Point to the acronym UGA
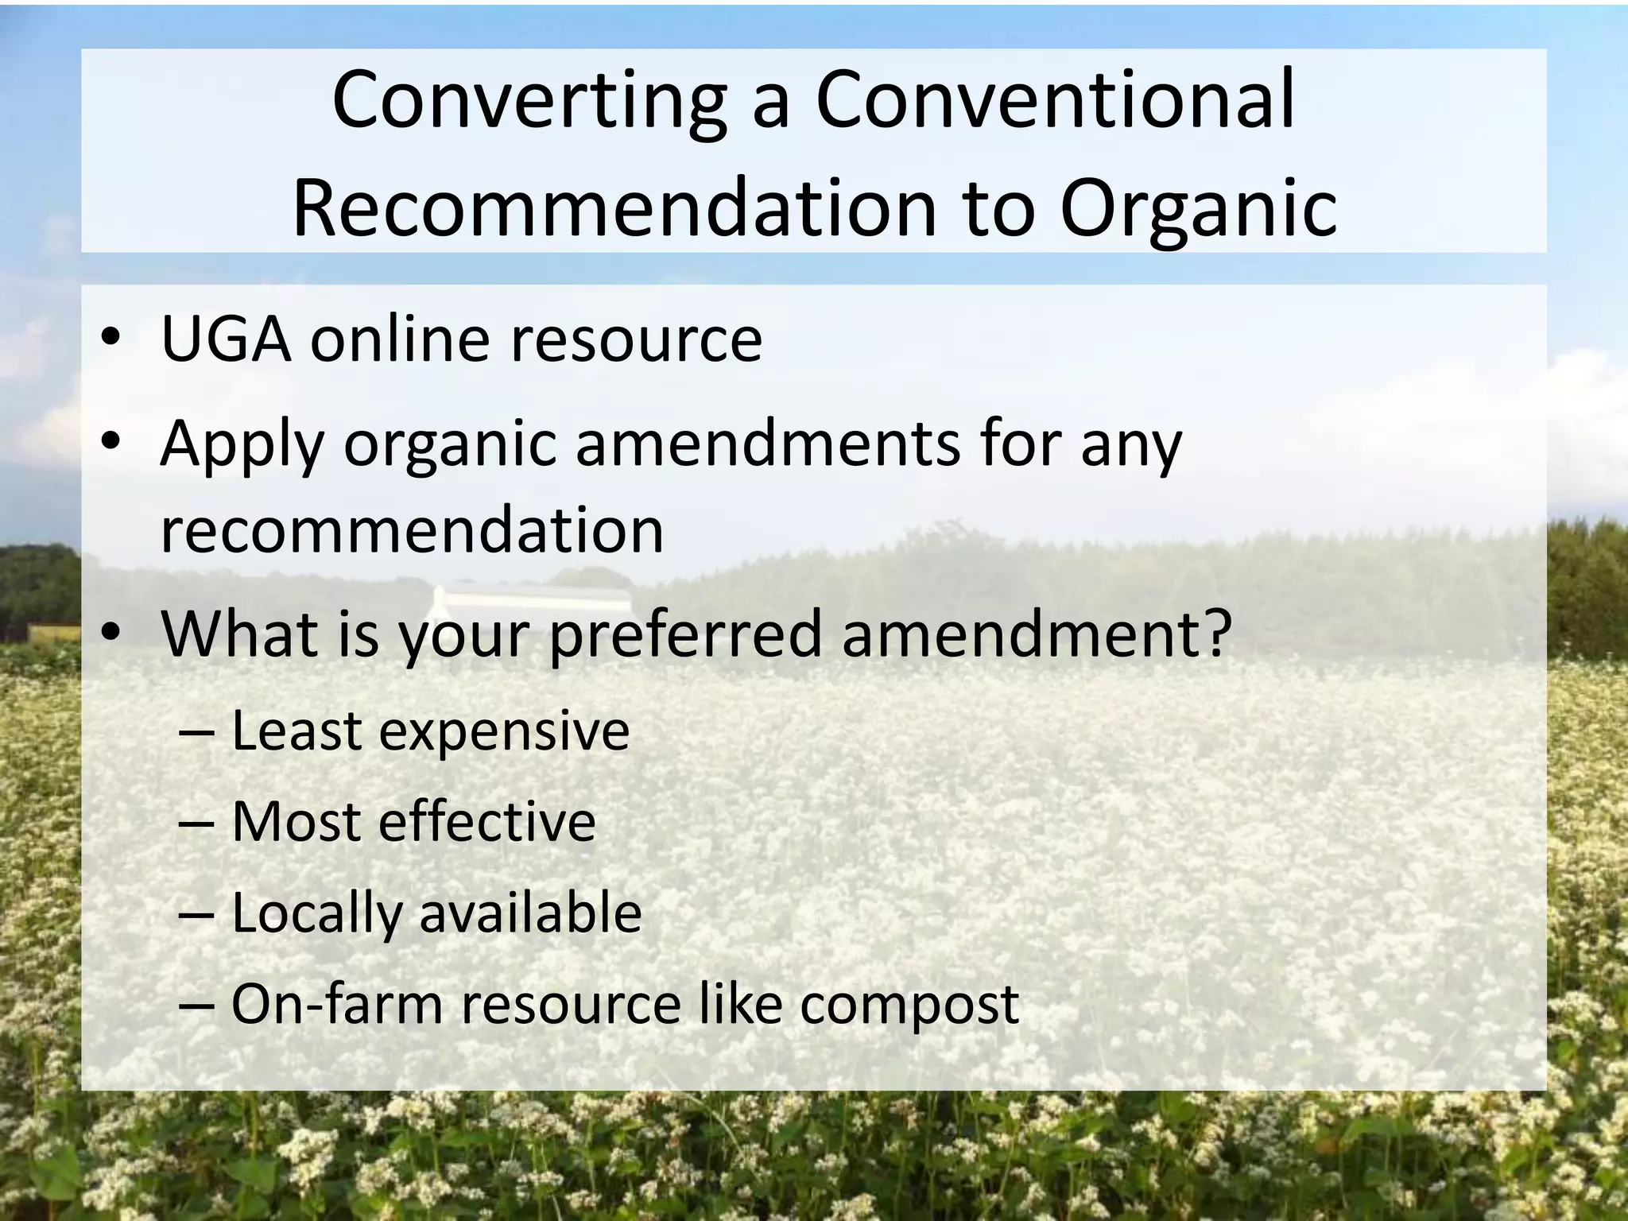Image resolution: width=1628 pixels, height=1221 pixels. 226,340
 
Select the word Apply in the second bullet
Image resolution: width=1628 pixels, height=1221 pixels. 242,445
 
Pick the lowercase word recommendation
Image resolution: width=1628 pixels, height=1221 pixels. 412,531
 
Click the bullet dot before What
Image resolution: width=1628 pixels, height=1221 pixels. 111,632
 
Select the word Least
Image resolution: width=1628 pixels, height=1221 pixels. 297,731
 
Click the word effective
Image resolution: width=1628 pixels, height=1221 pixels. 486,822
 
